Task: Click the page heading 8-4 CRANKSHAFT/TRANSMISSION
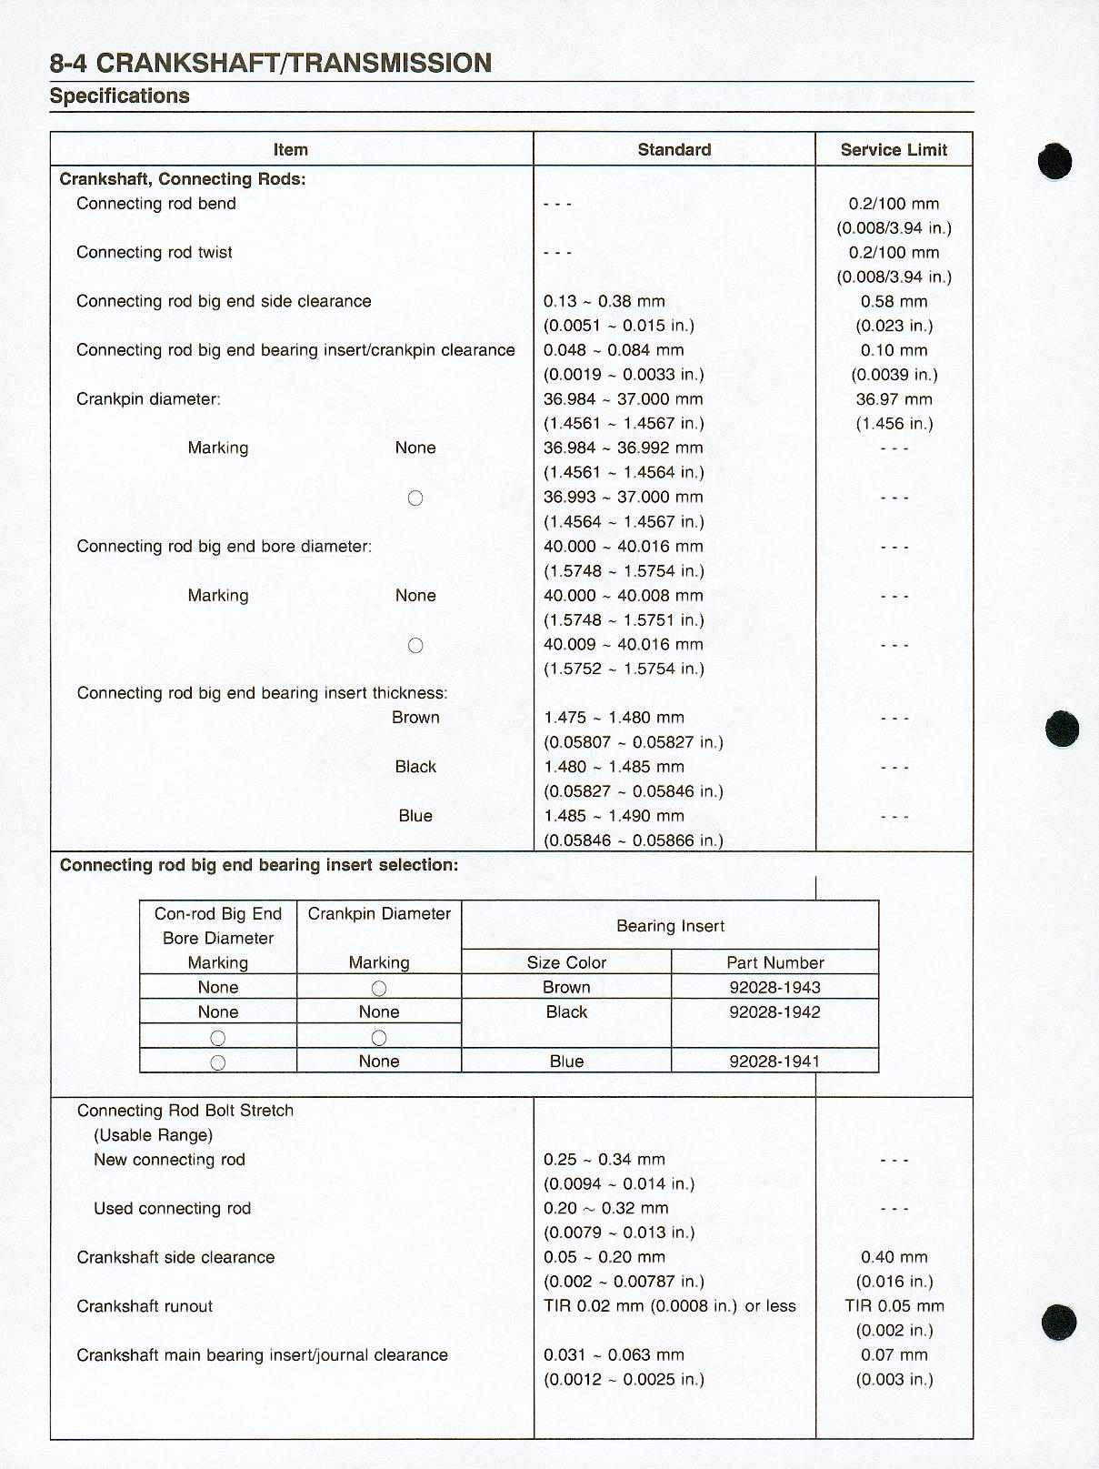(270, 63)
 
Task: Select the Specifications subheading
(119, 96)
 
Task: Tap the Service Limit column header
(894, 150)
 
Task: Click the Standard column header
(674, 150)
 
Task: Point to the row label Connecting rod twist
(155, 253)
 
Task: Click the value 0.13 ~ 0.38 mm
(604, 302)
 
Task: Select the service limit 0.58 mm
(894, 302)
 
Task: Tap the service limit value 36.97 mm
(894, 399)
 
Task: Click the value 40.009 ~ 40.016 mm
(623, 645)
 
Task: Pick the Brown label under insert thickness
(415, 718)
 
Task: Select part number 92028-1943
(774, 988)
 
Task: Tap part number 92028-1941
(774, 1062)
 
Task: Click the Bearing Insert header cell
(670, 926)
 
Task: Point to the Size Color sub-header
(566, 963)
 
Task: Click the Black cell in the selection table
(566, 1012)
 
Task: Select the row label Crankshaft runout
(145, 1307)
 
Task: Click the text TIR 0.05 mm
(894, 1306)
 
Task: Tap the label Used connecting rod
(172, 1209)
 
